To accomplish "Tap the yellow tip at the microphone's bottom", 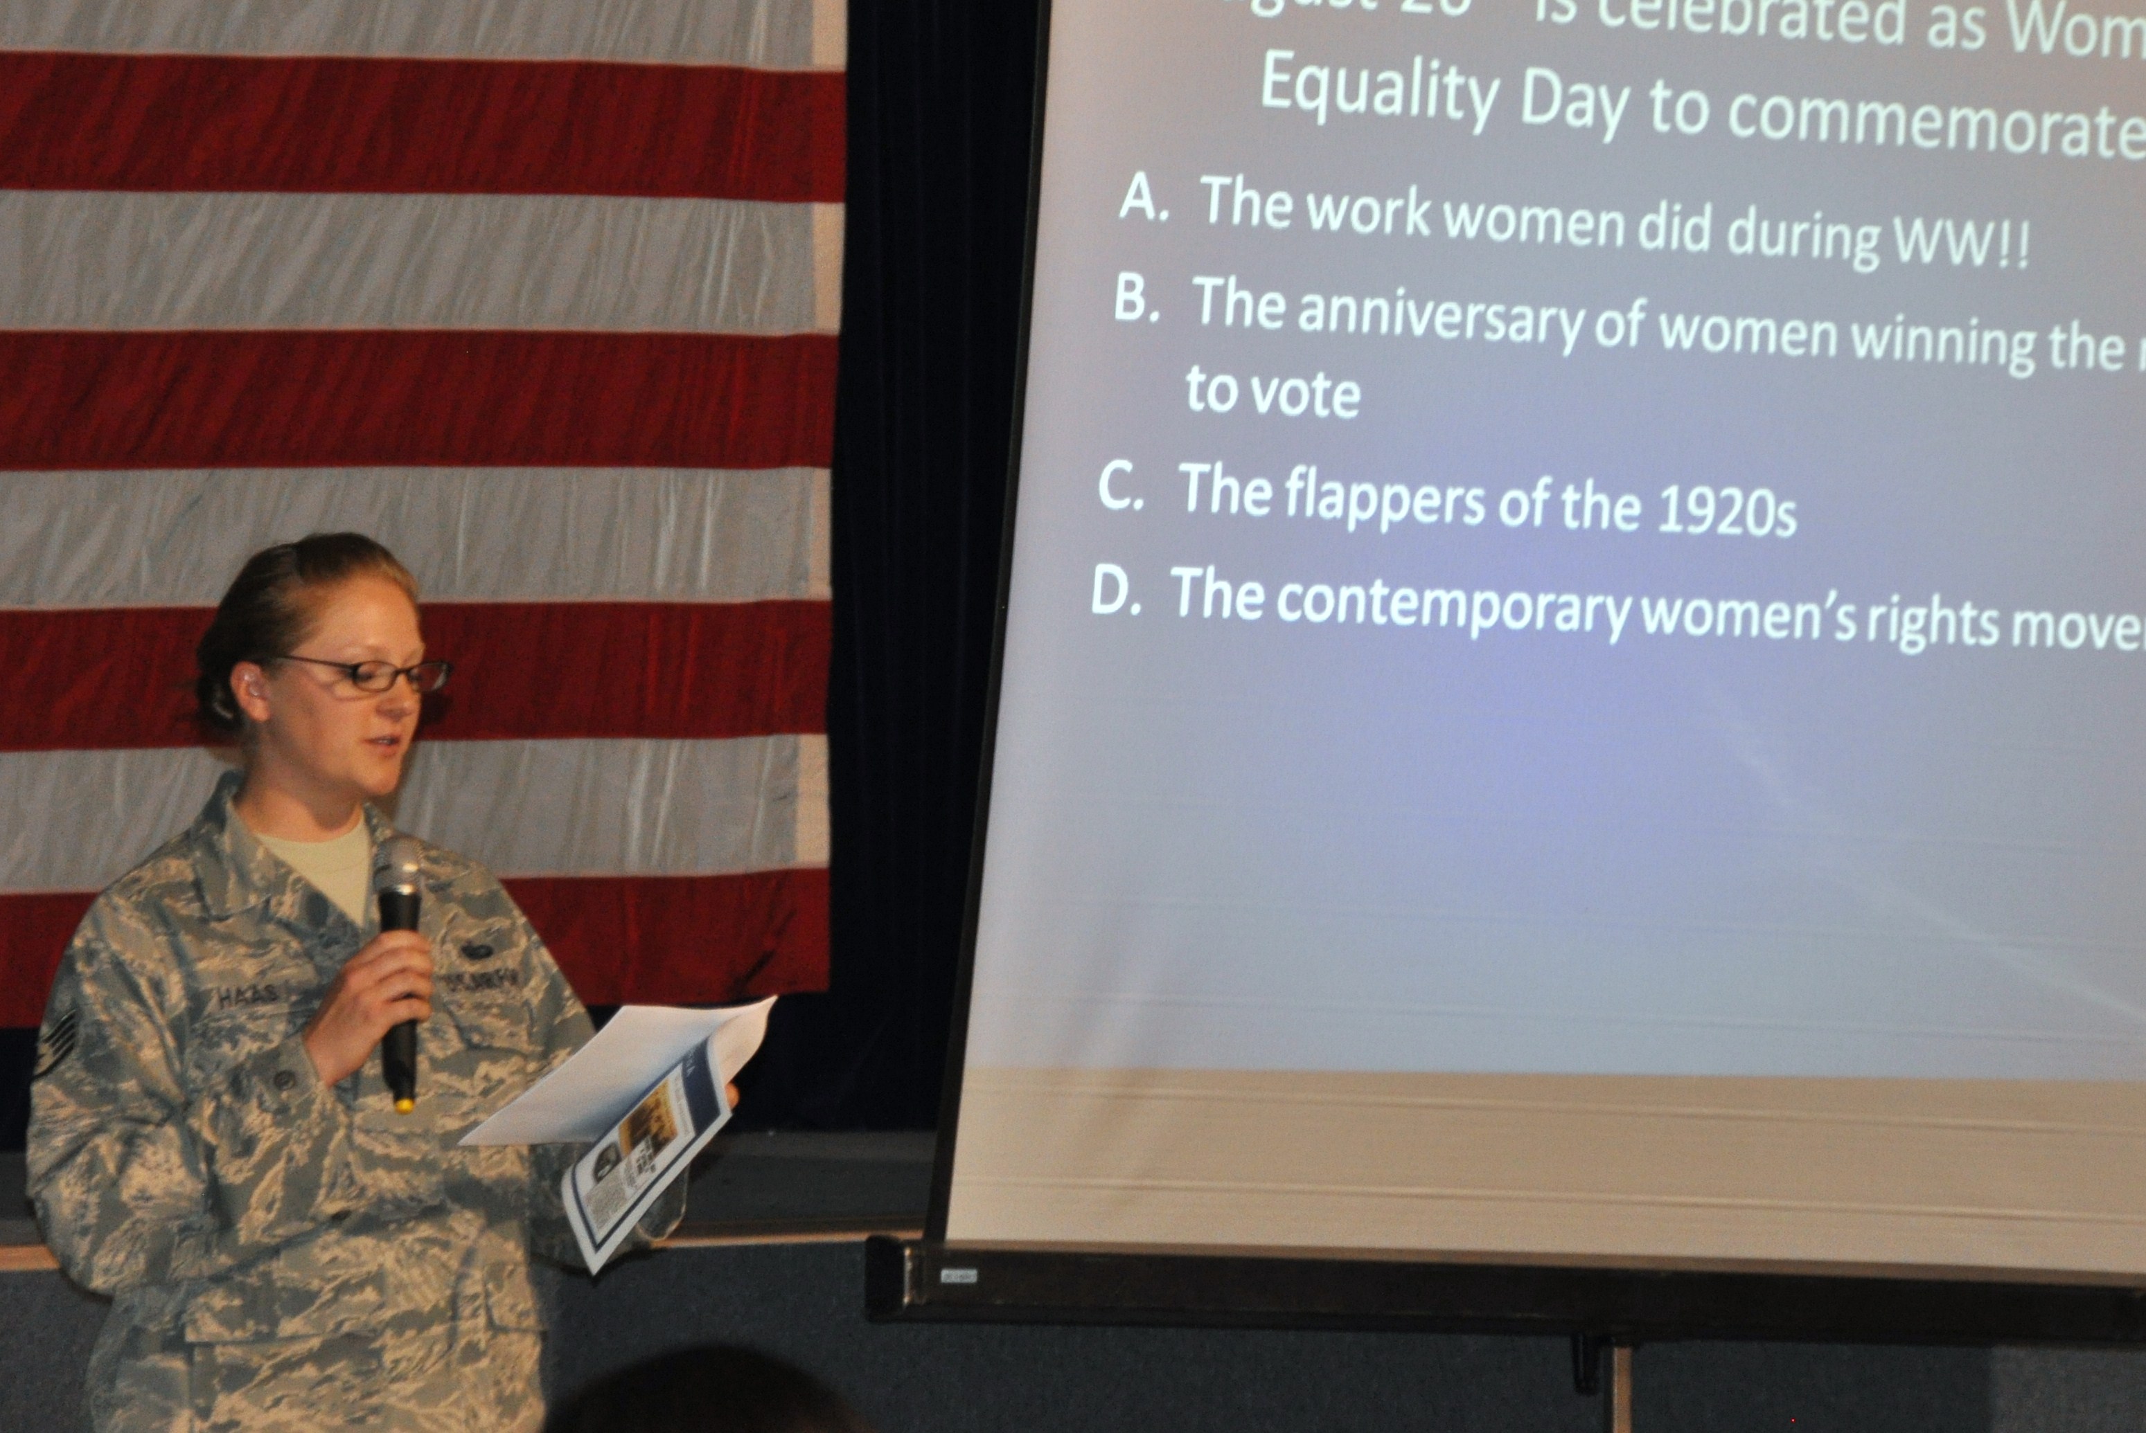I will click(x=403, y=1105).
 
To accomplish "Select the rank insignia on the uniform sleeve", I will click(x=57, y=1043).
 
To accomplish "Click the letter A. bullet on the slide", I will click(x=1143, y=197).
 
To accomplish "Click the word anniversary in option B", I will click(x=1438, y=320).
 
